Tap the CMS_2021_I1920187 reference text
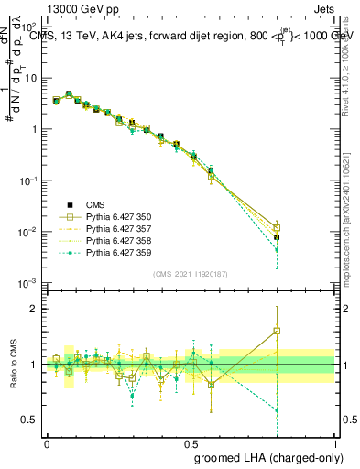[190, 273]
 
